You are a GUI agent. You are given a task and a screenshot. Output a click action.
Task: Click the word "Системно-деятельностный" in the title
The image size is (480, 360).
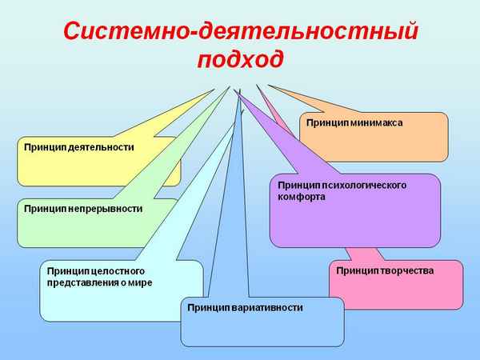[240, 33]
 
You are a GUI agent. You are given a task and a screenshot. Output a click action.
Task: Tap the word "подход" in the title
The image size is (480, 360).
[240, 61]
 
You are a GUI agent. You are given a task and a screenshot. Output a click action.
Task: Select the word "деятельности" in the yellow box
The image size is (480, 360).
[101, 147]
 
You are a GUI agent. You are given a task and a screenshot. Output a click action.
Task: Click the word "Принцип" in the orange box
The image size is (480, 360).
[322, 123]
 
